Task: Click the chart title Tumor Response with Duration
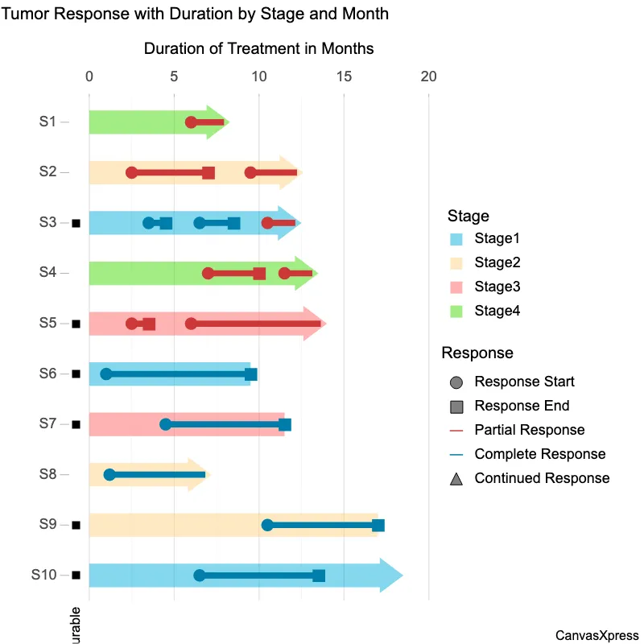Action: [195, 14]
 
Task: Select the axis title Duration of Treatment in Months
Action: [258, 48]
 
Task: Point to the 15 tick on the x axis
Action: [344, 76]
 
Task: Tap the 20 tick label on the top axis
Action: [428, 76]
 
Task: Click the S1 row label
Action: [47, 122]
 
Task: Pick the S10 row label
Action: [44, 575]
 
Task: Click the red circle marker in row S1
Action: [191, 122]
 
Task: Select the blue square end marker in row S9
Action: [378, 526]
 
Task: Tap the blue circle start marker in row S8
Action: [109, 475]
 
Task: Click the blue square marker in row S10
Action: [319, 576]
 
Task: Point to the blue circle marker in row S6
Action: [106, 374]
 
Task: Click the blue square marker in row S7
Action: [285, 424]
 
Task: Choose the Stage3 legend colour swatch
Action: [456, 287]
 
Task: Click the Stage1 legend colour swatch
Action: [456, 239]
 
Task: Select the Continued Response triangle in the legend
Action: [456, 479]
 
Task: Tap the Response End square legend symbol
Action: [456, 407]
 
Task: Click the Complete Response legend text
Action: [539, 454]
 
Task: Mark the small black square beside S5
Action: [76, 324]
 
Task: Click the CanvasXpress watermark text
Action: [597, 635]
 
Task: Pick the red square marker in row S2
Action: [208, 173]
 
